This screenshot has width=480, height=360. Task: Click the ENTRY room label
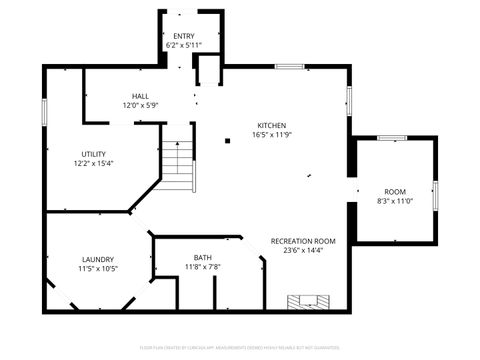(184, 36)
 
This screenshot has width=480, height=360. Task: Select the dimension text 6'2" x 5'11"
(184, 45)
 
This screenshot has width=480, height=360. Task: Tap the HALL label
(141, 96)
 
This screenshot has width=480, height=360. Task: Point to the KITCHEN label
(272, 126)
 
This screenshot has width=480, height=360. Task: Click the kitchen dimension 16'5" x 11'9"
(272, 135)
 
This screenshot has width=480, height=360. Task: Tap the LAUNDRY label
(98, 259)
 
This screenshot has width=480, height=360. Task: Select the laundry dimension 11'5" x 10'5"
(98, 268)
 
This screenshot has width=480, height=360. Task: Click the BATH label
(203, 257)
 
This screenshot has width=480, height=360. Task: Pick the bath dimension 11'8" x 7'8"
(203, 266)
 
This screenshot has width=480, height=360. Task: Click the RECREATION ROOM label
(303, 242)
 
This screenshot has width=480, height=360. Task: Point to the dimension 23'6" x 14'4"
(303, 251)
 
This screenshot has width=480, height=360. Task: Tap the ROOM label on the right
(396, 191)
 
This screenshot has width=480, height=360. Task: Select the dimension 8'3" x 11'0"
(396, 200)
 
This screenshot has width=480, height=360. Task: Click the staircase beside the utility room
(178, 165)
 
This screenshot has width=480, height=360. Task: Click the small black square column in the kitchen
(228, 141)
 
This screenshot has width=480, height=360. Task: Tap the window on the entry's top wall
(184, 12)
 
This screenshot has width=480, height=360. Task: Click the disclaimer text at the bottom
(240, 347)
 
